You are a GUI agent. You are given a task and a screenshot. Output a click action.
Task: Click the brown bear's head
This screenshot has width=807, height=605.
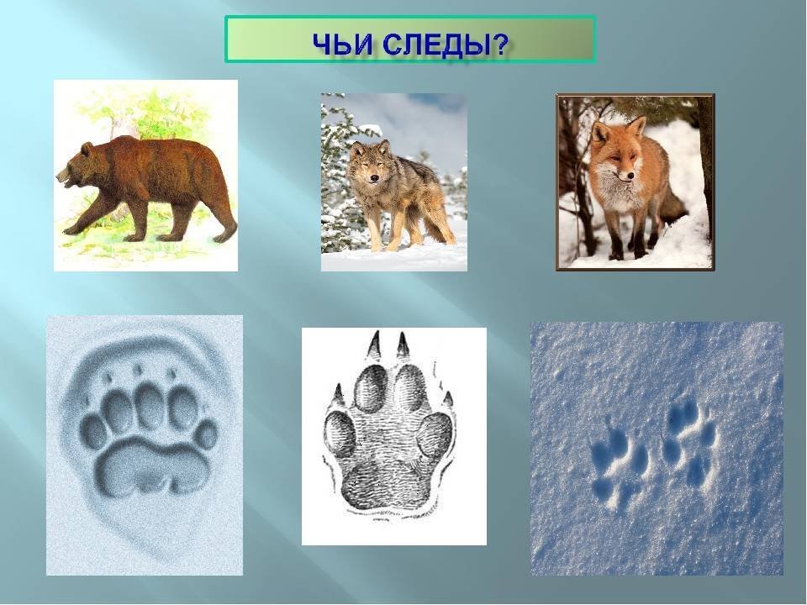click(x=77, y=165)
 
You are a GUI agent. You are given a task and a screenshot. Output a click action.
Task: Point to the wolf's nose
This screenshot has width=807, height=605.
click(x=373, y=179)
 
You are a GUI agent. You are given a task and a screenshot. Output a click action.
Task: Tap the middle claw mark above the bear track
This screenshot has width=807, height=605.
click(x=137, y=369)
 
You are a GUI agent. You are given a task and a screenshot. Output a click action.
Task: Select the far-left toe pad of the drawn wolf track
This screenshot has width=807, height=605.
click(x=340, y=434)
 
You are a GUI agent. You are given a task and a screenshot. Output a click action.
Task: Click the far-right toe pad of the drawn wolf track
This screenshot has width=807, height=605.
click(x=435, y=434)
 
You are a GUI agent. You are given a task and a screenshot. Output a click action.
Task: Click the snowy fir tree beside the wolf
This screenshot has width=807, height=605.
click(x=340, y=180)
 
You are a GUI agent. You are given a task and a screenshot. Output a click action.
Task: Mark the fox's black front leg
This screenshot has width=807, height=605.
click(x=616, y=241)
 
